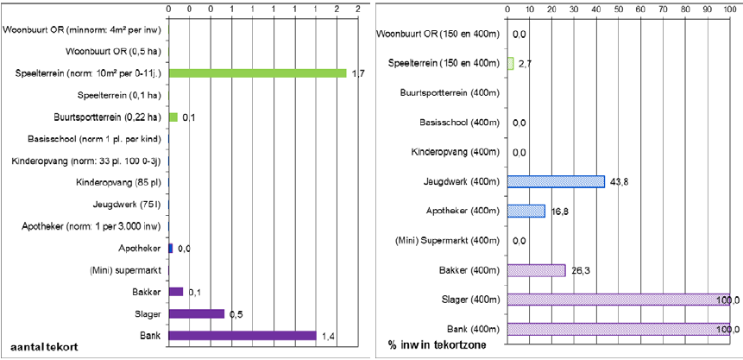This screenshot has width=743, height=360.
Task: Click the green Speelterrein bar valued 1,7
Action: [256, 73]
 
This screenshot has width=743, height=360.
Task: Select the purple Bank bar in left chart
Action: [242, 335]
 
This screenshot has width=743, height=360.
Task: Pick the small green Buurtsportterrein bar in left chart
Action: [173, 117]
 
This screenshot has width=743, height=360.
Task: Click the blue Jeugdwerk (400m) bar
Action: [556, 181]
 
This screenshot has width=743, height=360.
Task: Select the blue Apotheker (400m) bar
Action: [526, 211]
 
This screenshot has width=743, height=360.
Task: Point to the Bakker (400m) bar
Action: [536, 270]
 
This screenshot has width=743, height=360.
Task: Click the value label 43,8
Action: [619, 181]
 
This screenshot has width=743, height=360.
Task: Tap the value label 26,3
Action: [580, 270]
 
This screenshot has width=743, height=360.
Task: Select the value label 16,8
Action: [558, 211]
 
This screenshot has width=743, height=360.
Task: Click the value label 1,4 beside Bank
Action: [328, 335]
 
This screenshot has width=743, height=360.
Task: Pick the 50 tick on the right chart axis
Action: [619, 9]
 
